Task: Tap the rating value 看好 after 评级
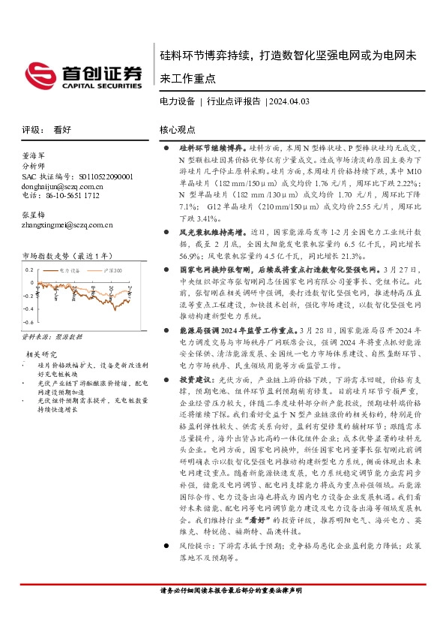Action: click(61, 129)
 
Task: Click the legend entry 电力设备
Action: click(70, 268)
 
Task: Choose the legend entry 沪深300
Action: click(112, 268)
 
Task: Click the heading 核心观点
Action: click(177, 129)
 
